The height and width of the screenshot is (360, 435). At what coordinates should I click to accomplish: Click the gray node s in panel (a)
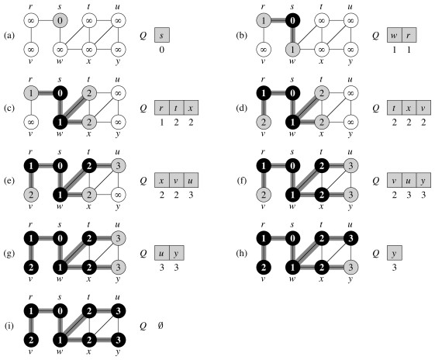(x=60, y=20)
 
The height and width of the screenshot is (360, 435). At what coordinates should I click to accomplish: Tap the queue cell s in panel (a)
(x=162, y=35)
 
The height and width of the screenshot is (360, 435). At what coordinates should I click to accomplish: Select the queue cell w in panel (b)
(x=395, y=35)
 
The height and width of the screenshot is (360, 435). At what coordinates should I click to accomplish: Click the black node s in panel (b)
(x=292, y=20)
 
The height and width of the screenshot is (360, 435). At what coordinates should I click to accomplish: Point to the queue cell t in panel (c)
(x=176, y=108)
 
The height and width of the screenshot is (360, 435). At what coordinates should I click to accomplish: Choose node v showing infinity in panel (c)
(x=31, y=122)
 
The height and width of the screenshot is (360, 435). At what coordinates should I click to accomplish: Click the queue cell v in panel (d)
(x=423, y=108)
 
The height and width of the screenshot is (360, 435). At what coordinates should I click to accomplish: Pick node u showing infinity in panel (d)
(x=350, y=93)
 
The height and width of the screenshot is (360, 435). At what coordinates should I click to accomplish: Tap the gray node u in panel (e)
(x=118, y=166)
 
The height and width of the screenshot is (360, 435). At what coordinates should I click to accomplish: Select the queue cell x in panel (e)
(x=162, y=180)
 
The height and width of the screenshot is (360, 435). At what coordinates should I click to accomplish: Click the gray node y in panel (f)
(x=350, y=195)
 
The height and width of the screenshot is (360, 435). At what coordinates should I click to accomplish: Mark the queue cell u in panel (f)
(x=409, y=180)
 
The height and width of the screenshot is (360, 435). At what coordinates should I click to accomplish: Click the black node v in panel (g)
(x=31, y=268)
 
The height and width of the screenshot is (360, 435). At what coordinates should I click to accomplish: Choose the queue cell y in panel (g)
(x=177, y=253)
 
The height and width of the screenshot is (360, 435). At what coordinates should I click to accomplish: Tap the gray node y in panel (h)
(x=350, y=268)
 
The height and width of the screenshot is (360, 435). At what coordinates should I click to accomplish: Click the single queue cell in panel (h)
(x=395, y=253)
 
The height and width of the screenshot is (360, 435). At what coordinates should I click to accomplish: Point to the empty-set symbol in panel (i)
(x=161, y=325)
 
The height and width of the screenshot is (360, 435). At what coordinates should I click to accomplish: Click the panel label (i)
(x=9, y=326)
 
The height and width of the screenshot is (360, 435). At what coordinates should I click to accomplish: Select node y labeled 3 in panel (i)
(x=118, y=340)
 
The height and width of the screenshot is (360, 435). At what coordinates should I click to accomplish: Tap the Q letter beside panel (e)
(x=143, y=181)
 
